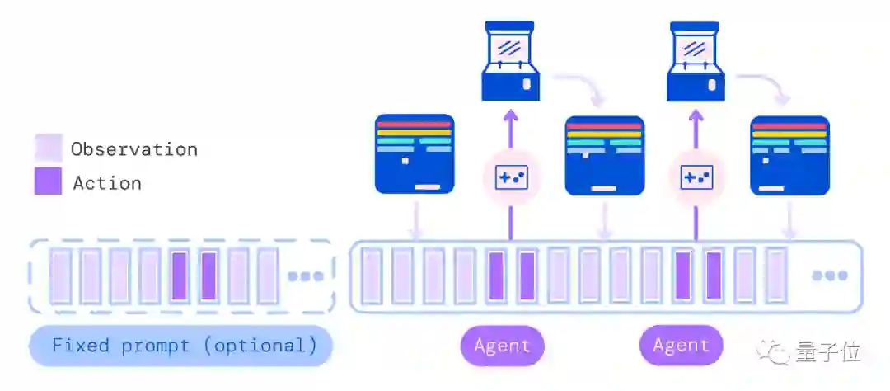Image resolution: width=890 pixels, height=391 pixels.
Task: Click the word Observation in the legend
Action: tap(134, 149)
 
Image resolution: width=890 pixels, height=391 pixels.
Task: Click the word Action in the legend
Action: tap(107, 183)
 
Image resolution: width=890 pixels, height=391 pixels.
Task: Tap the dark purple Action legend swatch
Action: tap(49, 181)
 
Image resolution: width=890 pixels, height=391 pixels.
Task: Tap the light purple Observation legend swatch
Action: tap(49, 148)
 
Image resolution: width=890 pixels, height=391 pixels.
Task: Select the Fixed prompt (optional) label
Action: tap(180, 346)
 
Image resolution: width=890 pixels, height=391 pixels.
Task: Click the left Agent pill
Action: tap(503, 346)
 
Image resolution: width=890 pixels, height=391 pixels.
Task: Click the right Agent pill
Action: tap(682, 345)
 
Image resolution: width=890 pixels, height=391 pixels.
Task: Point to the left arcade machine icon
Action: tap(510, 61)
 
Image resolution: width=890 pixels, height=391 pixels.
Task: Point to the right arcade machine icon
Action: tap(696, 61)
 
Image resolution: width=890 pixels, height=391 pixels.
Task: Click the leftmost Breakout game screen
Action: tap(415, 154)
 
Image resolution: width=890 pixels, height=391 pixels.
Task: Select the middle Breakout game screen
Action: tap(605, 156)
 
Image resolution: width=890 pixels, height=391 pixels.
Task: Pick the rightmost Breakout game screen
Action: tap(790, 156)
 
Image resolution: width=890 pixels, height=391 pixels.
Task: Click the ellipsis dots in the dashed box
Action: tap(306, 277)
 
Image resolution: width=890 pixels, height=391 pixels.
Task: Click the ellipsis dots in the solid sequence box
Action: tap(830, 276)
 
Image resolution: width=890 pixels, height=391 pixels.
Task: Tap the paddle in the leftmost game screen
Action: tap(428, 186)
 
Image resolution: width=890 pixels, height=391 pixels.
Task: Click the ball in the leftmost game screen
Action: tap(405, 161)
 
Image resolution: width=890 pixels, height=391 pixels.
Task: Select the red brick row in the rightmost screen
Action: tap(789, 126)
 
